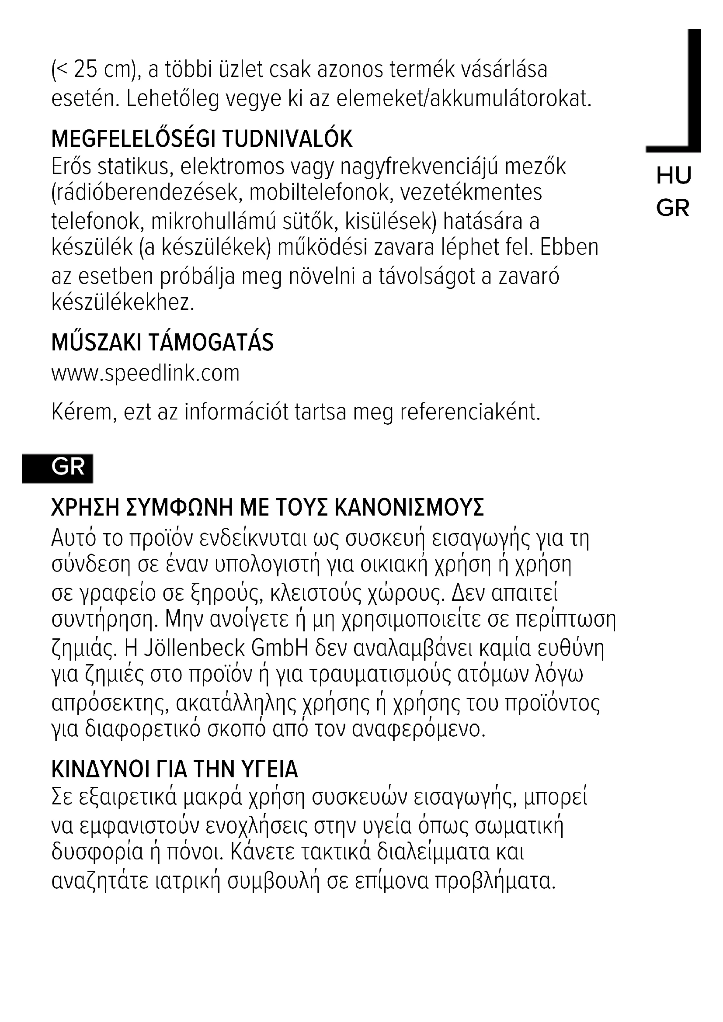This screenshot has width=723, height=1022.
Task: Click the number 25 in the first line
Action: point(85,70)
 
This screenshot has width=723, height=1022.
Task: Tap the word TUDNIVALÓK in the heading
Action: point(287,139)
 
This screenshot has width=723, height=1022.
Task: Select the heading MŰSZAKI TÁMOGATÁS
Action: point(163,343)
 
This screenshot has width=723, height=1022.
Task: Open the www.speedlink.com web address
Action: point(146,374)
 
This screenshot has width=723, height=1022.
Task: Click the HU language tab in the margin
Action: point(673,175)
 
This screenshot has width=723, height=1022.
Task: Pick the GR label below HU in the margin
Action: point(673,208)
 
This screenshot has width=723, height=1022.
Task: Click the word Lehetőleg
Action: point(173,99)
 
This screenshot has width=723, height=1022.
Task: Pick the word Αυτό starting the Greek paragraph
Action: point(73,539)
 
